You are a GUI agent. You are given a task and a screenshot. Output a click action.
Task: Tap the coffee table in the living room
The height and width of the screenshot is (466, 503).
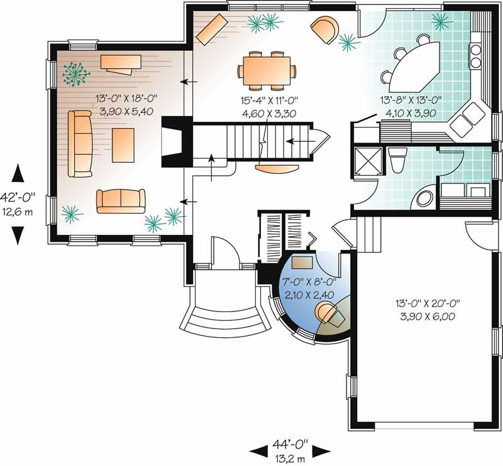[x=123, y=145]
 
